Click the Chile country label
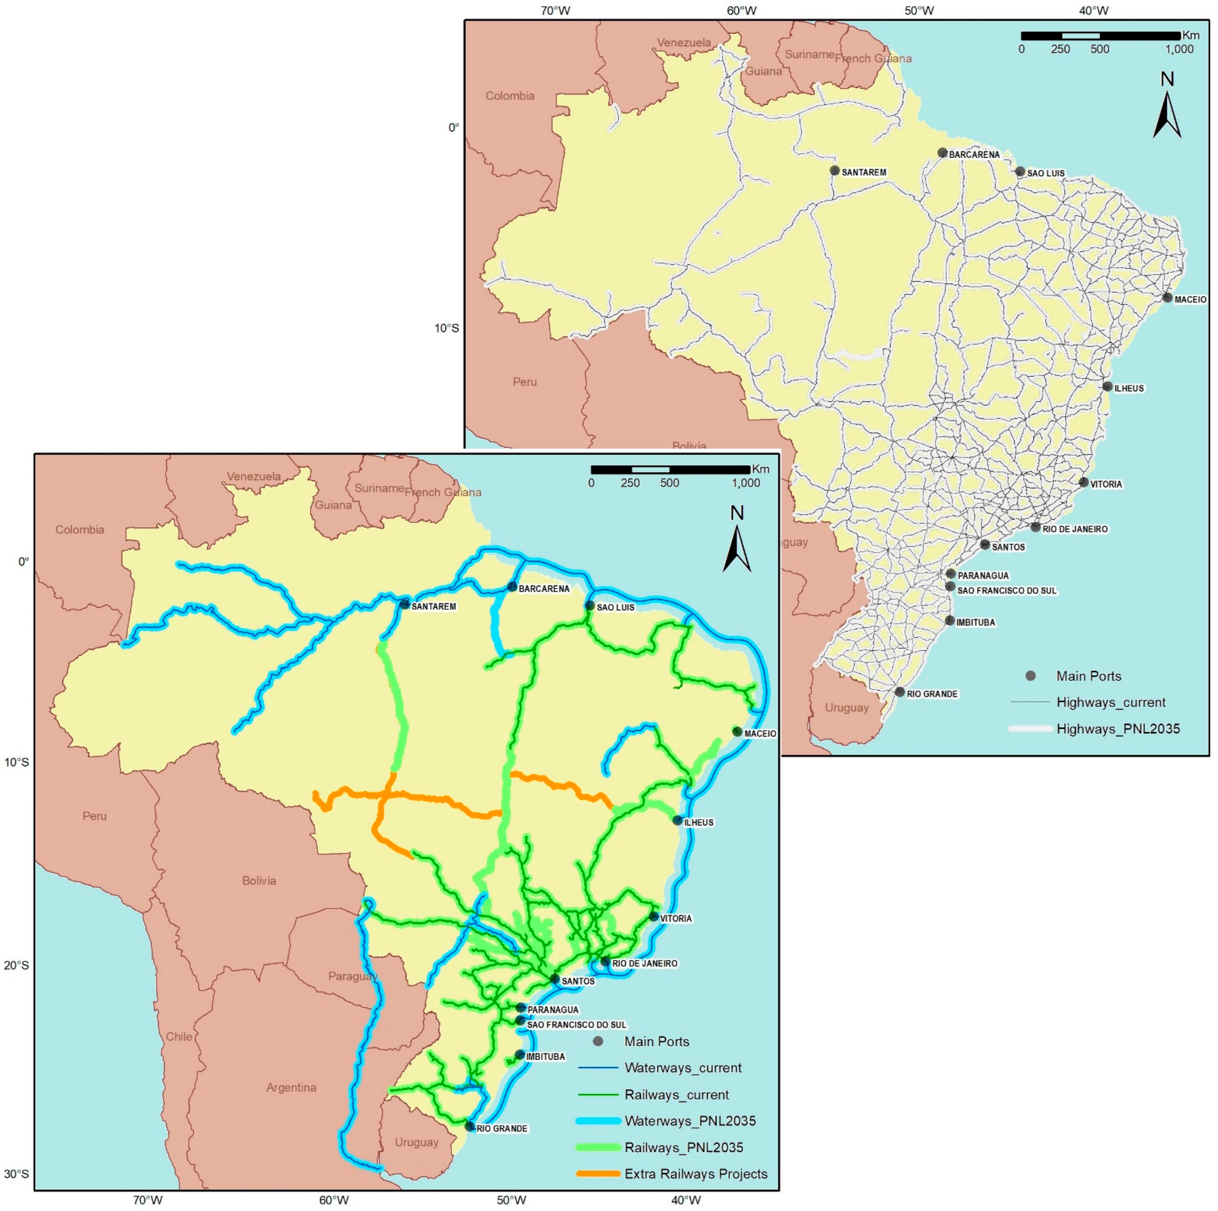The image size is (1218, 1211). coord(179,1036)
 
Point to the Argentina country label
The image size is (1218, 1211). coord(291,1088)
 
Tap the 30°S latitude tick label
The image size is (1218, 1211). coord(17,1175)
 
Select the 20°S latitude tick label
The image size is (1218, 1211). coord(17,965)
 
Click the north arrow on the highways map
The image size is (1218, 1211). coord(1167,107)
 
